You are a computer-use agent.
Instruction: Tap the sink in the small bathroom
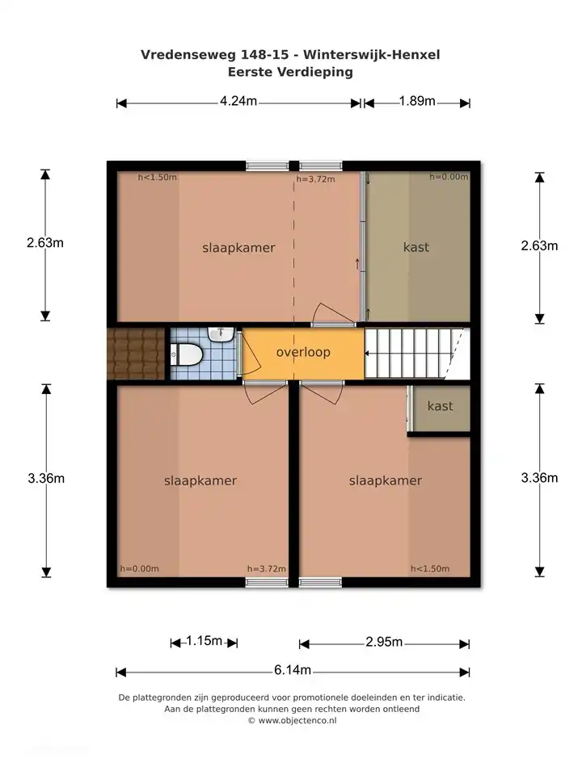coord(220,333)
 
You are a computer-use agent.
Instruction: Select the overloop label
coord(303,353)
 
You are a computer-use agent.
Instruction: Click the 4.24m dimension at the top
coord(238,101)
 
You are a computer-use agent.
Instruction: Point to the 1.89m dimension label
coord(417,101)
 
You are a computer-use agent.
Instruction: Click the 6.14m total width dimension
coord(293,671)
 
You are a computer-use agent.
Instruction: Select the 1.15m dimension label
coord(204,641)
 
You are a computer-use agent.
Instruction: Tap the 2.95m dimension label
coord(384,642)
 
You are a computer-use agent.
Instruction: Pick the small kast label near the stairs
coord(440,406)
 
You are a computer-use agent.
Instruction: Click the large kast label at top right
coord(416,247)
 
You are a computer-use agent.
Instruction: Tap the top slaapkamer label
coord(238,248)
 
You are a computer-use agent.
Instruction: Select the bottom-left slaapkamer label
coord(200,480)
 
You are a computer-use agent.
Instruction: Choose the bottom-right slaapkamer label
coord(386,480)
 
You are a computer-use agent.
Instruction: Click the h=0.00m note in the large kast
coord(449,177)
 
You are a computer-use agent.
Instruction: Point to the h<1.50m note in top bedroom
coord(157,178)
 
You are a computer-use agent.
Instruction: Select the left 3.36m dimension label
coord(45,478)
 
